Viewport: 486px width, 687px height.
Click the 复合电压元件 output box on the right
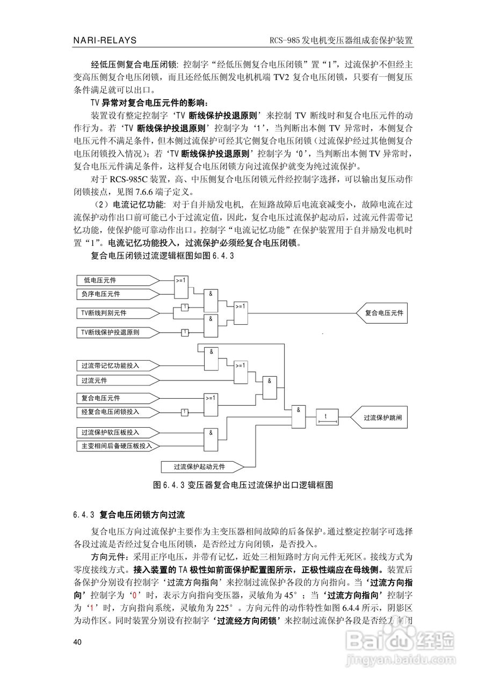[x=382, y=312]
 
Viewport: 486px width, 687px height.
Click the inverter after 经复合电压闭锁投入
[x=184, y=412]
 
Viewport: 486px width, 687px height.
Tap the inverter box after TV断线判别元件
[x=184, y=307]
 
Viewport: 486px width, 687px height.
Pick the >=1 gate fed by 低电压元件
[x=181, y=287]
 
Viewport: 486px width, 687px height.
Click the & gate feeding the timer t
[x=298, y=416]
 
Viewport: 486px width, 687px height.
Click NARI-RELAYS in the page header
[x=105, y=40]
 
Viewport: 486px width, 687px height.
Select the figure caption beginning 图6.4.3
[x=243, y=485]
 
